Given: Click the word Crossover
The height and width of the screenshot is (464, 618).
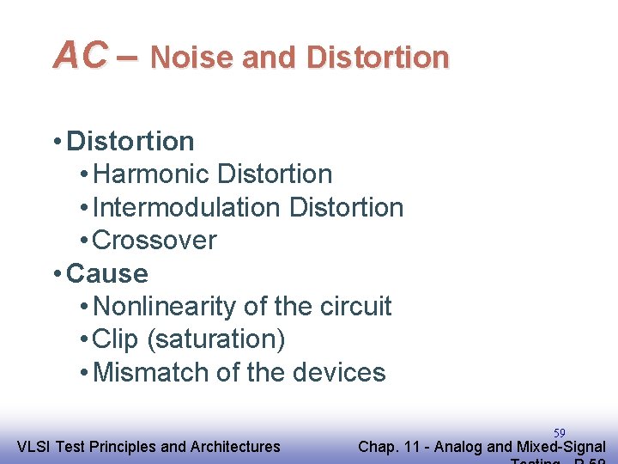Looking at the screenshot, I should point(154,241).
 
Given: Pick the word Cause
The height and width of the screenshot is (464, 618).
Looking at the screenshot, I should point(107,274).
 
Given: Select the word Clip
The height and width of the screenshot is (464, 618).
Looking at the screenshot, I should point(115,339).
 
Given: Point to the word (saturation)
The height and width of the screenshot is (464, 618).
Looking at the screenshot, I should point(216,340).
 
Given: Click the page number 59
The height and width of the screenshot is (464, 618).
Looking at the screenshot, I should point(559,432).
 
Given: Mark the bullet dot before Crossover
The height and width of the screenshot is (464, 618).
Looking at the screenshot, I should point(82,241).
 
